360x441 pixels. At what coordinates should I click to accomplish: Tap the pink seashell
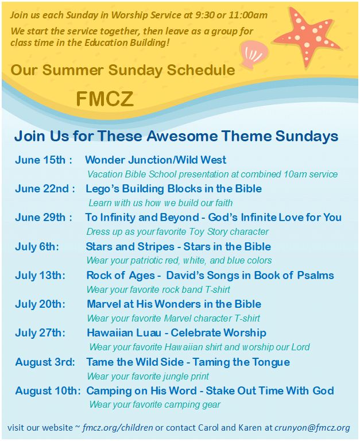point(254,55)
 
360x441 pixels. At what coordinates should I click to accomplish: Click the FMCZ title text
point(104,99)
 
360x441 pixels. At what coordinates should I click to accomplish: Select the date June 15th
point(41,160)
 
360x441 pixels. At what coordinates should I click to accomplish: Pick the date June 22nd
point(41,188)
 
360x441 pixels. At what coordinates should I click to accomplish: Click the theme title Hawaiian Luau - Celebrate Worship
point(176,332)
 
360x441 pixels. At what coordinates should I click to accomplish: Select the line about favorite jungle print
point(148,376)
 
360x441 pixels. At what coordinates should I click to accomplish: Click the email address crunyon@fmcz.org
point(312,428)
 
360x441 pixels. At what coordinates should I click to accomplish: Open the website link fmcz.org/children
point(118,428)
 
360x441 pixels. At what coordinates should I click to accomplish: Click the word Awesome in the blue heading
point(182,136)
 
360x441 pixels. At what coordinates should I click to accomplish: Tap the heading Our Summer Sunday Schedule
point(123,70)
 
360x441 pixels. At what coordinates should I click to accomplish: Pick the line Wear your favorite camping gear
point(154,405)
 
